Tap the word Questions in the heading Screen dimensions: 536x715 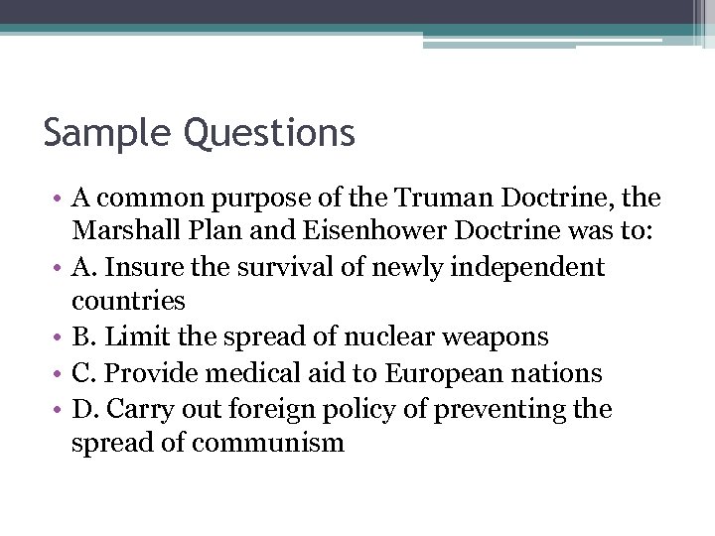[x=269, y=133]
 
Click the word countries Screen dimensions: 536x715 [x=128, y=300]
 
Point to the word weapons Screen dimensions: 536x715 [x=495, y=336]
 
